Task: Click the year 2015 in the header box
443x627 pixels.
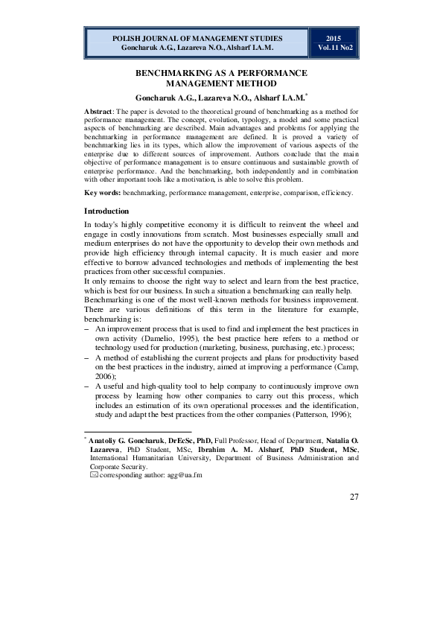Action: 334,36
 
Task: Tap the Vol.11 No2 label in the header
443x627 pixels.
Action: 334,47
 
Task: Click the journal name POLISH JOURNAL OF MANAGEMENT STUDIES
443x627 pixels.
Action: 197,36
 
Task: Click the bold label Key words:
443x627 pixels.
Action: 103,193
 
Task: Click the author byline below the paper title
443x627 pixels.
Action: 221,98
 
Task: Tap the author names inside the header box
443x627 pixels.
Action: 197,47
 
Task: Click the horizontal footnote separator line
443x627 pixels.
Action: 138,431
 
